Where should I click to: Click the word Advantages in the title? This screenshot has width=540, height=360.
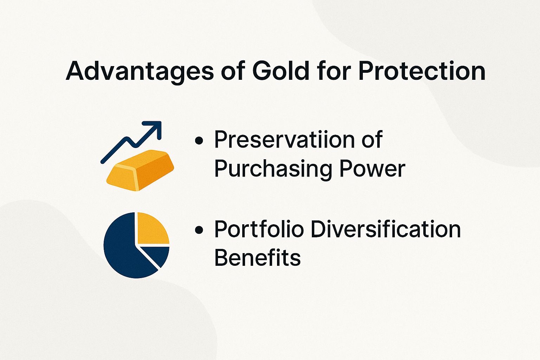[140, 71]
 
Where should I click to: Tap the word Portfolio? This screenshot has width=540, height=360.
[259, 229]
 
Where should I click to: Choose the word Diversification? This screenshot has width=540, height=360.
[386, 229]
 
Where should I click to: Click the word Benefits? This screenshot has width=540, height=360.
[257, 257]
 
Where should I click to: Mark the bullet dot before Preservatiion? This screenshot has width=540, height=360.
[199, 141]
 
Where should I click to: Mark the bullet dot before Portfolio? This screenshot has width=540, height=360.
[199, 230]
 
